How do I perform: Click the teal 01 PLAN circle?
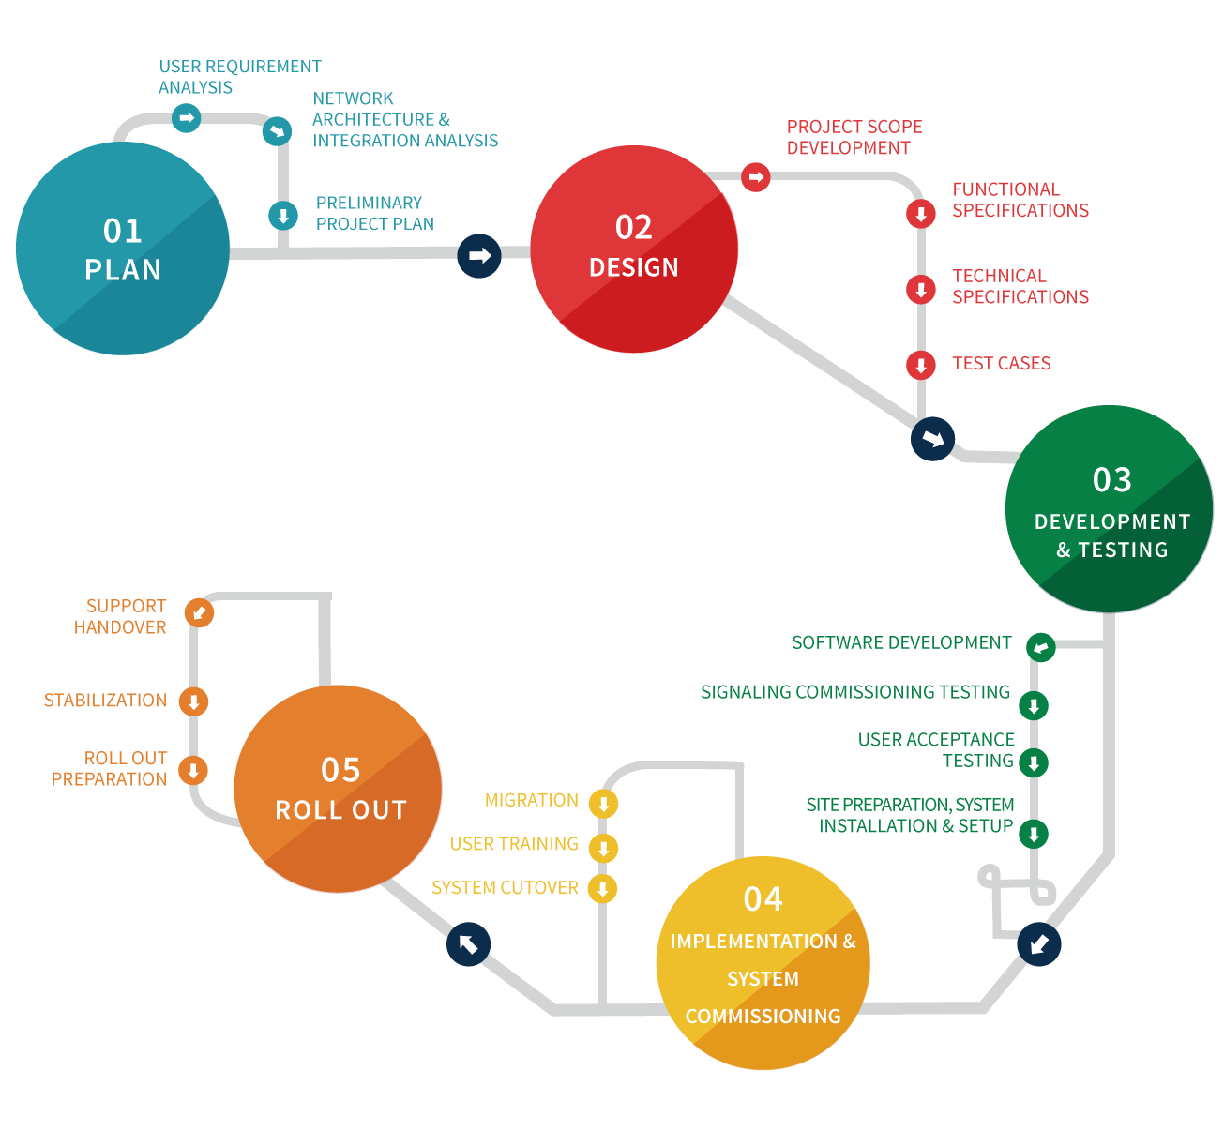point(123,249)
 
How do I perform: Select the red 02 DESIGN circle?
point(634,249)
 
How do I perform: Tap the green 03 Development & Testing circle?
point(1110,509)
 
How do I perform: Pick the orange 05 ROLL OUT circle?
point(338,789)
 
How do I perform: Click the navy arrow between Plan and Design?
point(479,255)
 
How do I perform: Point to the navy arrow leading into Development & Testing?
point(932,439)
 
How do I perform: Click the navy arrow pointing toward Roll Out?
point(468,943)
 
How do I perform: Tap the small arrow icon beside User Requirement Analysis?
point(187,118)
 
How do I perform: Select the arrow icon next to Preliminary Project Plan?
point(283,216)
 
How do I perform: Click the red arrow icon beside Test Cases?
point(921,365)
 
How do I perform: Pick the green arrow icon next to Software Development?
point(1040,647)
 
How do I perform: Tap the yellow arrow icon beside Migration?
point(603,804)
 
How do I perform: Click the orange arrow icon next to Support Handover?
point(199,612)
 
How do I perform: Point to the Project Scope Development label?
point(854,138)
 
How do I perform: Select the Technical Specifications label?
point(1020,286)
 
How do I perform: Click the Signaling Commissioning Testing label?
point(854,692)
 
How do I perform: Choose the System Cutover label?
point(505,887)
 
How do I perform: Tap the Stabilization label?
point(105,701)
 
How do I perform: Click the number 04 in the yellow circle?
point(763,899)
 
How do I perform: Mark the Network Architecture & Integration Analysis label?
point(404,120)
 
